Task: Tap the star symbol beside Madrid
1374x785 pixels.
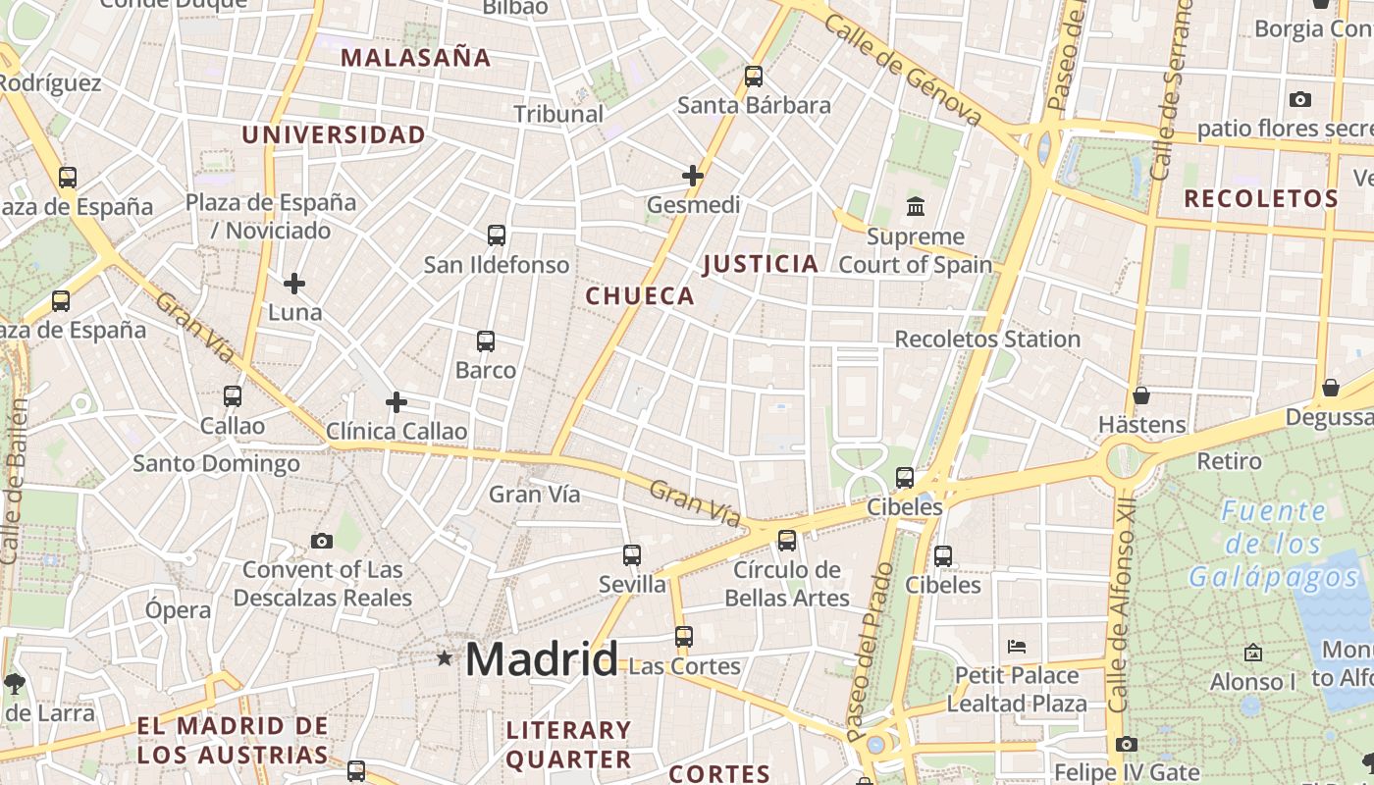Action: point(445,657)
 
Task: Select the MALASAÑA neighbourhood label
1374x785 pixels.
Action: point(416,58)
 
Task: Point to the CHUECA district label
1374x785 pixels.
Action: point(640,296)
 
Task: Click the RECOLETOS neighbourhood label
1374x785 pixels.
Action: point(1261,199)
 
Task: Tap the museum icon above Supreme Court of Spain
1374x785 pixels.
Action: point(916,207)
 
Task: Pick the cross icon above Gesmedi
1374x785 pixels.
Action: point(693,176)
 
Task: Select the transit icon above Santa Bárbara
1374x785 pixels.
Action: point(754,76)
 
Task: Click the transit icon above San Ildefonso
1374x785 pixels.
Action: point(497,235)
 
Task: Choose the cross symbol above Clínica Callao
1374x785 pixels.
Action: point(396,402)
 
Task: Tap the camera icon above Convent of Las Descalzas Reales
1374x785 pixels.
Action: point(322,541)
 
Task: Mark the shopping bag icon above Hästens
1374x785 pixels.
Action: point(1141,395)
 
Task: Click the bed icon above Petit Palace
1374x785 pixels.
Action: point(1017,647)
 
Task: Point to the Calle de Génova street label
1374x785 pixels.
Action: point(903,69)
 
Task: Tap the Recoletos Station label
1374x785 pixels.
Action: point(987,340)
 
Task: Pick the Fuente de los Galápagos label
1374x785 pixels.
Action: point(1275,544)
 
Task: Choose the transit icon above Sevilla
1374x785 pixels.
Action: point(632,555)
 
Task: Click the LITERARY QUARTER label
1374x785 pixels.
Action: point(568,745)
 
